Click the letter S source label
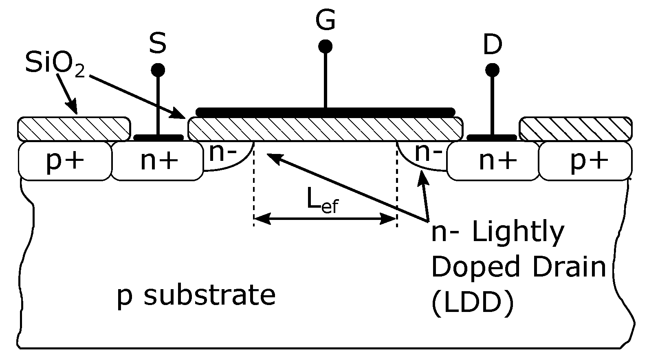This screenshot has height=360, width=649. point(158,44)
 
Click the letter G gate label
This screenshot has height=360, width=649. point(325,20)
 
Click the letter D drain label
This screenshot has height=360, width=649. point(493,46)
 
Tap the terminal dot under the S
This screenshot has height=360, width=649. point(158,70)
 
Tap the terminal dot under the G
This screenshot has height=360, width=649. point(325,46)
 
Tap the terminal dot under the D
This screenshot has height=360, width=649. point(493,70)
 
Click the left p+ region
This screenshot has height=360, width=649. point(65,161)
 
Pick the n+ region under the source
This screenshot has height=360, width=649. point(158,161)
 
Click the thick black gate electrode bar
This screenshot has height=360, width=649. point(325,112)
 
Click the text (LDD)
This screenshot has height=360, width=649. point(472,303)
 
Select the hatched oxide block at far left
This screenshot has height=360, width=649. point(74,129)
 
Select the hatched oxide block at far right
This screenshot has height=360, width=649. point(576,129)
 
